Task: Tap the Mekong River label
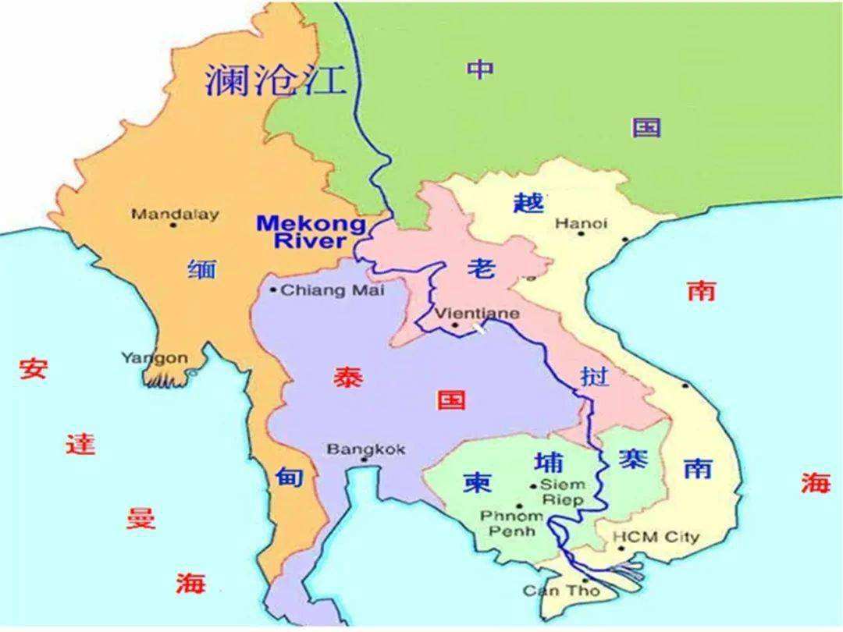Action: coord(311,232)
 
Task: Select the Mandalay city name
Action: coord(175,214)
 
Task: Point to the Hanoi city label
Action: coord(581,223)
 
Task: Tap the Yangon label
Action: coord(154,358)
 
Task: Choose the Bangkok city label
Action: coord(366,449)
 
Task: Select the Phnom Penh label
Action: coord(511,523)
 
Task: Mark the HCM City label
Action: coord(656,537)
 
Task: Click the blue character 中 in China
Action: coord(480,69)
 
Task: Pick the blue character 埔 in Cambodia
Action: coord(548,461)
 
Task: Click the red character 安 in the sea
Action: coord(33,367)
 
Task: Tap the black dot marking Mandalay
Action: coord(173,225)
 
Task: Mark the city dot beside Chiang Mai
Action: coord(272,290)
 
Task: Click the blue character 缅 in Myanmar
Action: coord(201,269)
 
